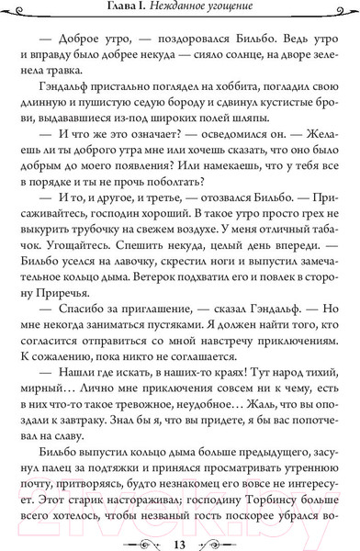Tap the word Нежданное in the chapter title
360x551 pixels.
pyautogui.click(x=188, y=11)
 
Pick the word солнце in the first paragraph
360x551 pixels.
pyautogui.click(x=223, y=63)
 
